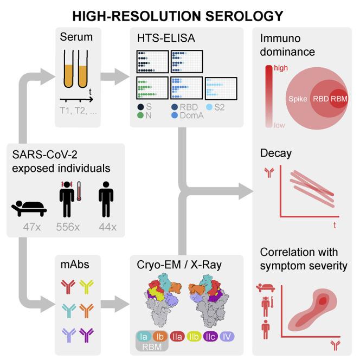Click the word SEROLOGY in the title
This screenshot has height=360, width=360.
[x=244, y=16]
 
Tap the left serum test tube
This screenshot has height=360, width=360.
[x=68, y=69]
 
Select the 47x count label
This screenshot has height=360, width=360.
[x=32, y=227]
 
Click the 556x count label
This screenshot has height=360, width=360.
[x=68, y=227]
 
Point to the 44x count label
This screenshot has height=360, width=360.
[x=107, y=227]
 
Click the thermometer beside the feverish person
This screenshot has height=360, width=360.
[x=79, y=191]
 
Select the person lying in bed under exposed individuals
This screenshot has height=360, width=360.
[x=29, y=209]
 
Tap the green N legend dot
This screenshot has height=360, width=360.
[x=140, y=115]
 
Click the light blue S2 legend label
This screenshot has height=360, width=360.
[x=219, y=107]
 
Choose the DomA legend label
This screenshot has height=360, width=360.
[x=192, y=115]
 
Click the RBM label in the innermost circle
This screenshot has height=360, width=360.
[x=339, y=99]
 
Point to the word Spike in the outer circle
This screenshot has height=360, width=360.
[x=298, y=99]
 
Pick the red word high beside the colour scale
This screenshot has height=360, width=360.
[x=281, y=68]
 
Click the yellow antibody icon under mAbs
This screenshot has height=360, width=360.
[x=86, y=286]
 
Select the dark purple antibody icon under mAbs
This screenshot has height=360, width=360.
[x=86, y=335]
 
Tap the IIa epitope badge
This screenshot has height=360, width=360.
[x=177, y=337]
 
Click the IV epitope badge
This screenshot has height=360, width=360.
[x=227, y=337]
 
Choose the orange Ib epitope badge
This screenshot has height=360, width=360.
[x=160, y=337]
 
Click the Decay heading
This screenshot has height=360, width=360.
[x=276, y=153]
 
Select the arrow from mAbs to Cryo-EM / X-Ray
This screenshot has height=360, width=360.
[x=115, y=304]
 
